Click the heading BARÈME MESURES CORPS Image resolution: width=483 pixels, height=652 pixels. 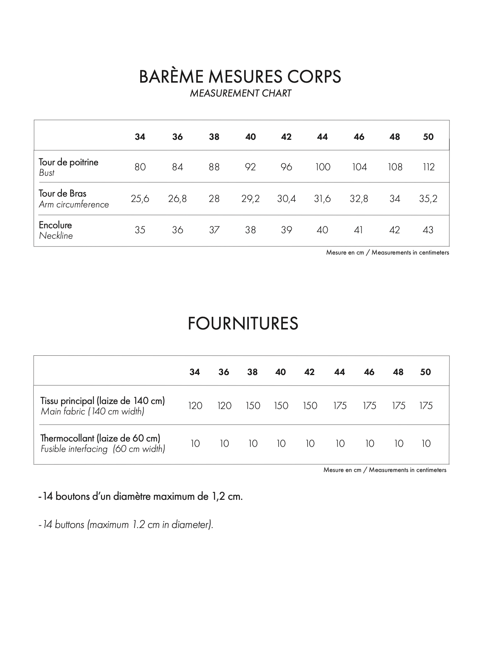pos(240,76)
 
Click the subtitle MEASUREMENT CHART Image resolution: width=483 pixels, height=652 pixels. pos(240,93)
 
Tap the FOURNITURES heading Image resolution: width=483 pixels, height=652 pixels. pos(243,323)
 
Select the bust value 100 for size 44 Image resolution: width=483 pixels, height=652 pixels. pos(323,167)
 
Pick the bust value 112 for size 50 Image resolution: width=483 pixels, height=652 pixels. pos(429,167)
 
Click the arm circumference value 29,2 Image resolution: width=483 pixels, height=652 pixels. pos(250,199)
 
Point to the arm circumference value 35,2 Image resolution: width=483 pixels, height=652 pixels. pos(428,199)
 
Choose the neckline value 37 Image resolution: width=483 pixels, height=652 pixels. pos(214,230)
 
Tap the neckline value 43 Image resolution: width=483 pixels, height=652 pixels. pos(428,230)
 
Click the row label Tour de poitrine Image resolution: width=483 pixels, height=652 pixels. pos(68,162)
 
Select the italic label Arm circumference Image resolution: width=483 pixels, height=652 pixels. pos(74,204)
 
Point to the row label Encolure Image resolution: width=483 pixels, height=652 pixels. pos(55,225)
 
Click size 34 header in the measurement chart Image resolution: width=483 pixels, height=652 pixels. pos(140,137)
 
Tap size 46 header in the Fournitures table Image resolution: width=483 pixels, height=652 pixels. pos(369,372)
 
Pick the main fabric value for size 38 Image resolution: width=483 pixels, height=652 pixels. pos(253,406)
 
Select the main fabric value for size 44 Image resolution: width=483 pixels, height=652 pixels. pos(340,406)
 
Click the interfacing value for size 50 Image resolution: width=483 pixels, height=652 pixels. pos(426,443)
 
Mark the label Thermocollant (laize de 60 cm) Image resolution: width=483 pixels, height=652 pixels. pos(100,438)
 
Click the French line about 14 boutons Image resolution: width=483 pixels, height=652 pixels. pos(141,496)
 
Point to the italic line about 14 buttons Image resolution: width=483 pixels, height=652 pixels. pos(126,525)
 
